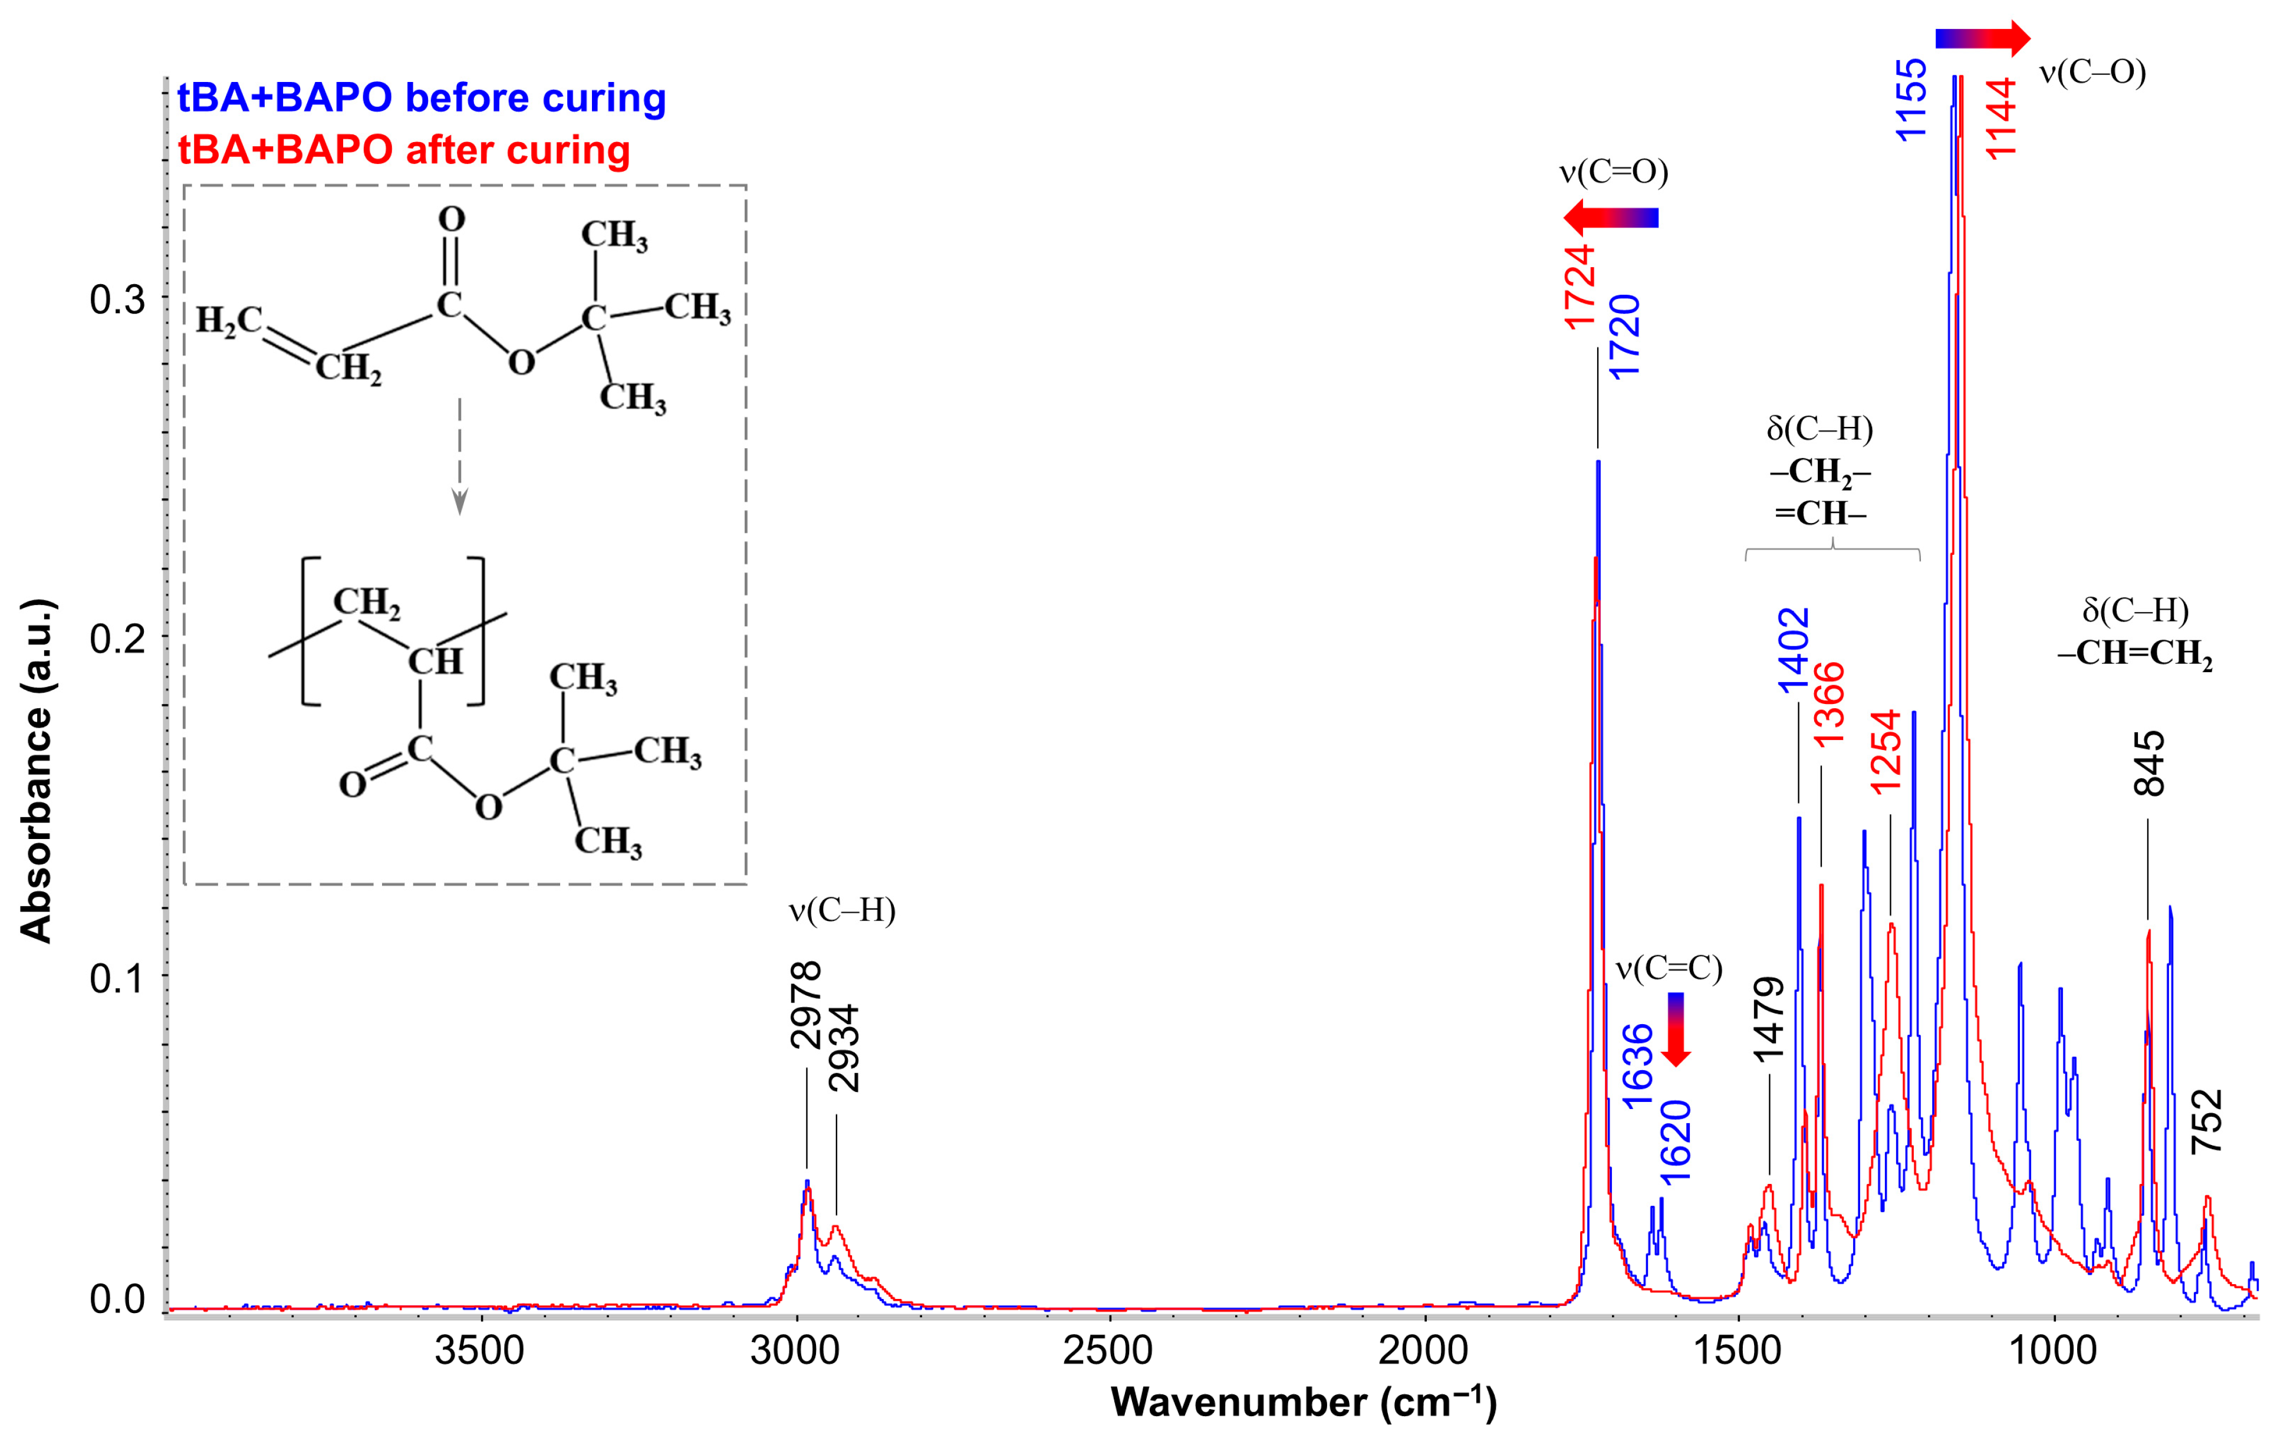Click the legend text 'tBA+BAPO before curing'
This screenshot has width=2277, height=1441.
(x=422, y=98)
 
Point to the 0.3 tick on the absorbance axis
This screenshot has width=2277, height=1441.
(x=117, y=300)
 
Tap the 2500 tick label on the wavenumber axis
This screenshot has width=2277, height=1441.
(x=1108, y=1350)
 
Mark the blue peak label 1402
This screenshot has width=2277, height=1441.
(x=1794, y=650)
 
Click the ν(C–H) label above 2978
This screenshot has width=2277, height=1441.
(x=841, y=910)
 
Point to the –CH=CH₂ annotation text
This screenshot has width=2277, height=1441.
(x=2135, y=653)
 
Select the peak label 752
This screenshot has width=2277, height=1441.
(x=2206, y=1121)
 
